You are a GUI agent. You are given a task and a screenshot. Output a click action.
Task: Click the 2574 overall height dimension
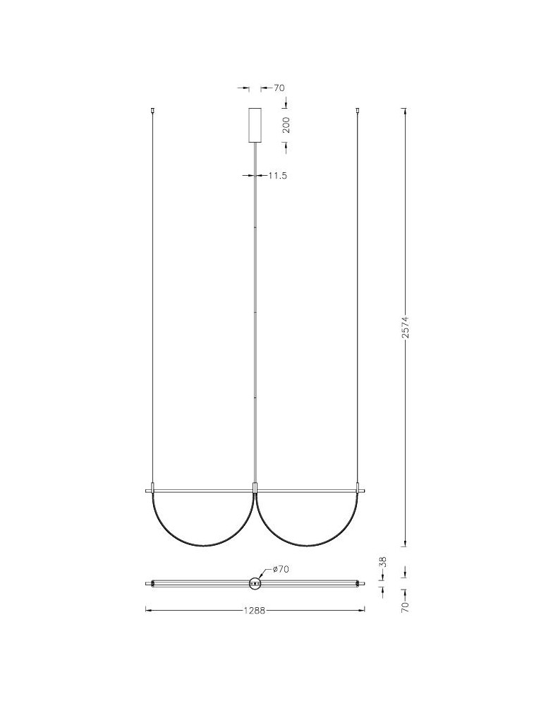tap(406, 327)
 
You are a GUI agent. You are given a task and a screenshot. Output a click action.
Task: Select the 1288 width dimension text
tap(255, 611)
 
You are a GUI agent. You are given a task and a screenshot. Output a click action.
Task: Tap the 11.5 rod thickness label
tap(277, 176)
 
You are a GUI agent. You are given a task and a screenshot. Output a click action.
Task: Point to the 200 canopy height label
tap(286, 125)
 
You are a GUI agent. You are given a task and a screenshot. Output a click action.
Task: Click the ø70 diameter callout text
tap(281, 570)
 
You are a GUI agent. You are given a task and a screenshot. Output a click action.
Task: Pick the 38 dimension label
tap(383, 563)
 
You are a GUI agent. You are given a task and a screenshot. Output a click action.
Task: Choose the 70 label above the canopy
tap(279, 88)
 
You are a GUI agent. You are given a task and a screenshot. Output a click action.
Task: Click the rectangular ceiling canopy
tap(255, 125)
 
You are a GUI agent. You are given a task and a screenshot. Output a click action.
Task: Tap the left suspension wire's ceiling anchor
tap(152, 110)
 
